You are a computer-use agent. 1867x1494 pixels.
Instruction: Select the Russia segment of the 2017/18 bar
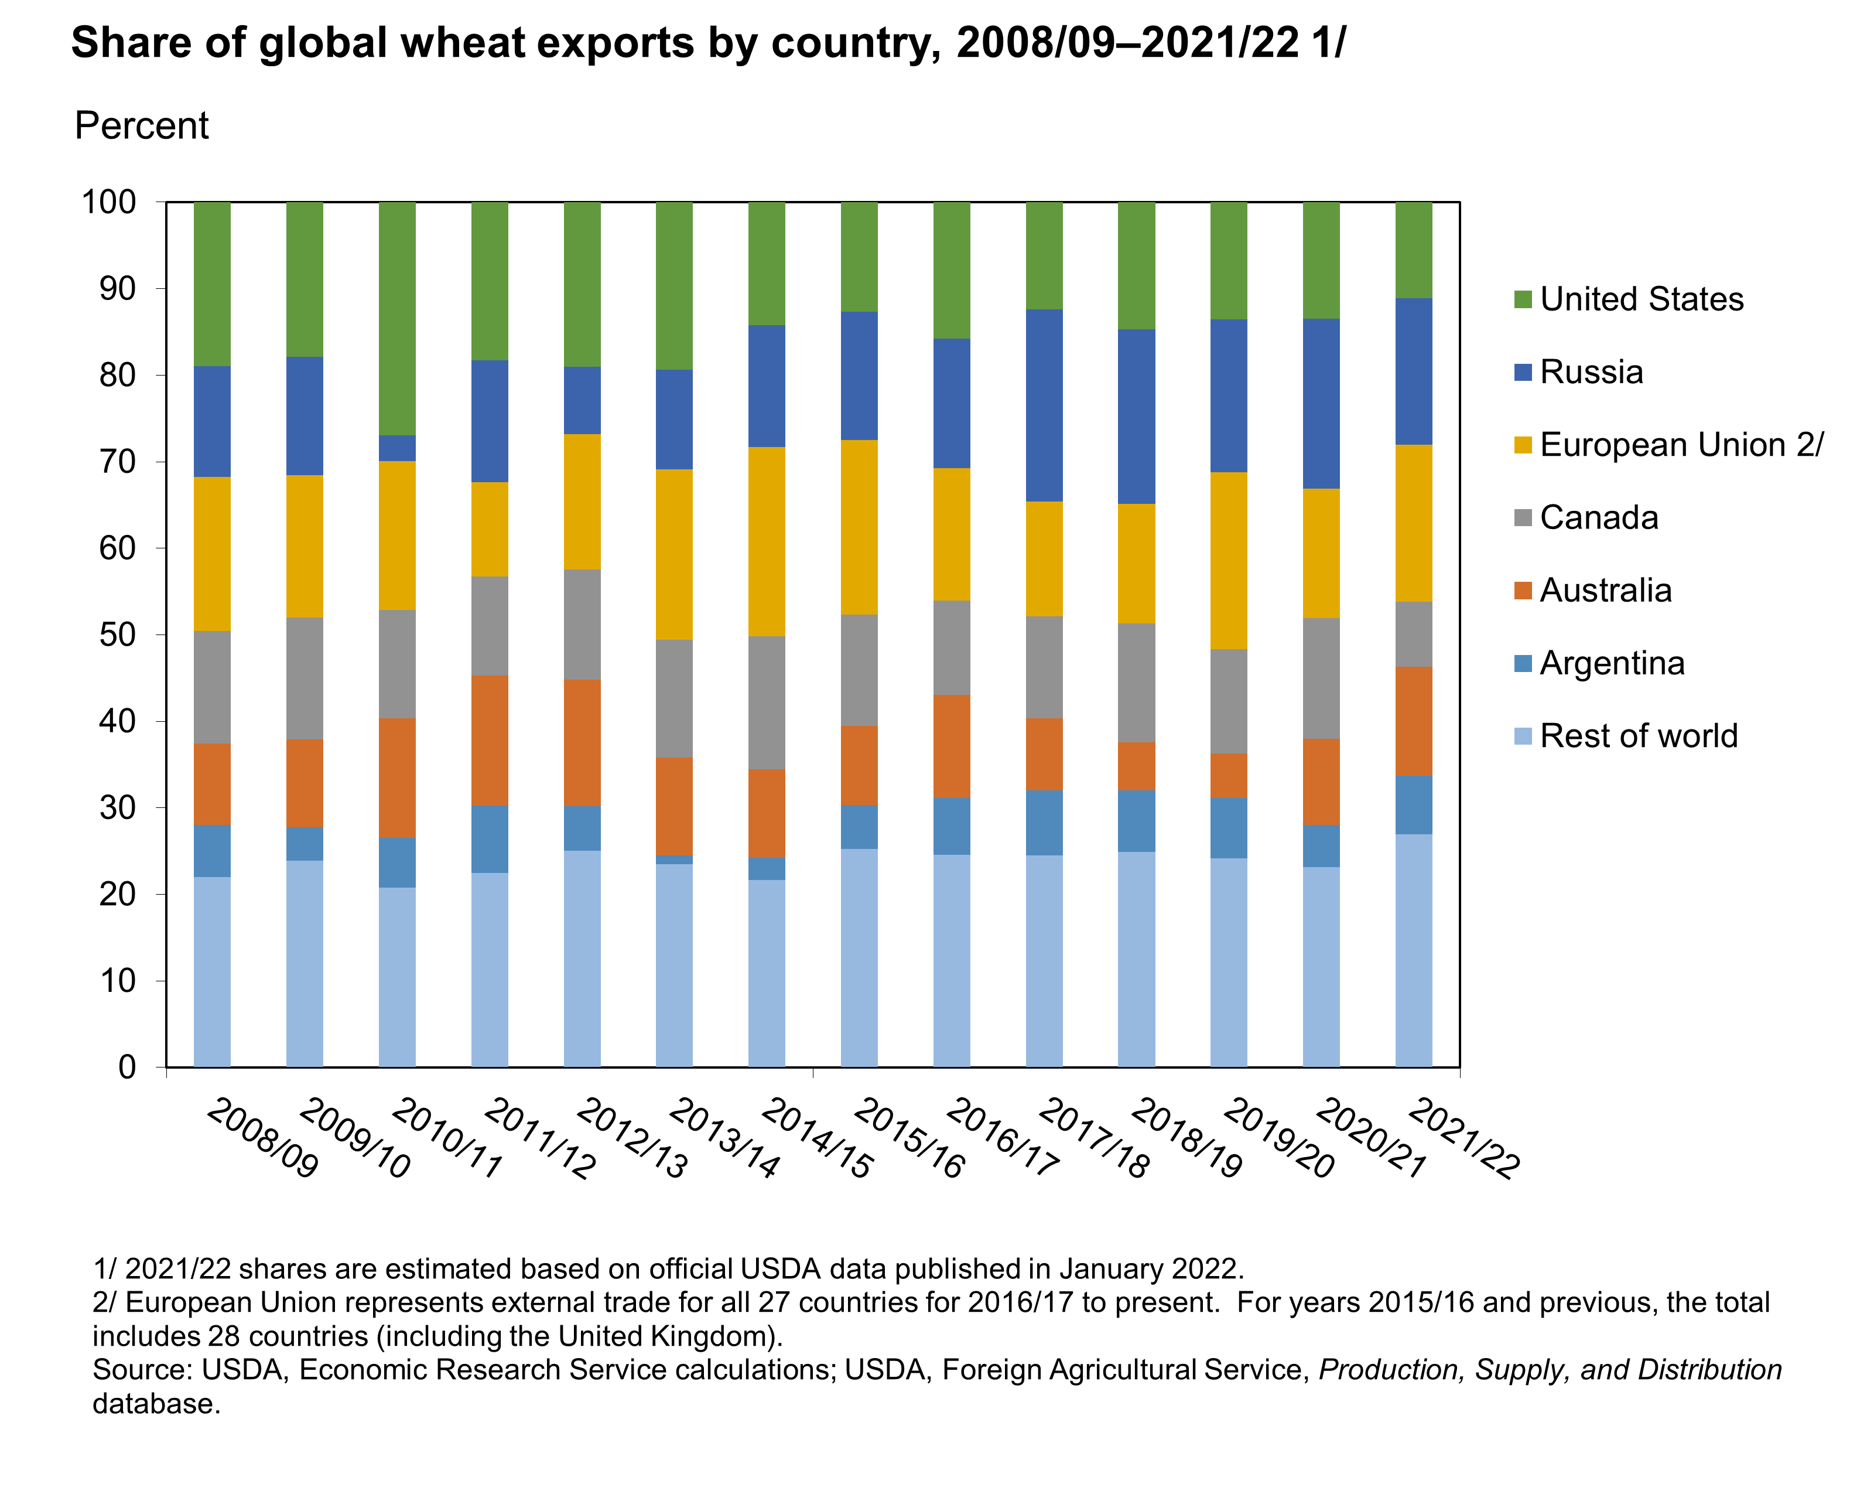pos(1044,405)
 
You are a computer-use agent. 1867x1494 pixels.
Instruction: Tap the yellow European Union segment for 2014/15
pos(767,541)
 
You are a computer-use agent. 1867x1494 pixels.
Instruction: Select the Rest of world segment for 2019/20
pos(1228,961)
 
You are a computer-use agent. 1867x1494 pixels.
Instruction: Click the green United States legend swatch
pos(1523,299)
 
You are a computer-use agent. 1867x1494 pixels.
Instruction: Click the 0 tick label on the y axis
pos(127,1067)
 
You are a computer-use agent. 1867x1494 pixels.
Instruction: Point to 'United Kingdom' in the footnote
pos(662,1336)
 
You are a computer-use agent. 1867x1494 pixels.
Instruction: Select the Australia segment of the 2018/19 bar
pos(1136,766)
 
